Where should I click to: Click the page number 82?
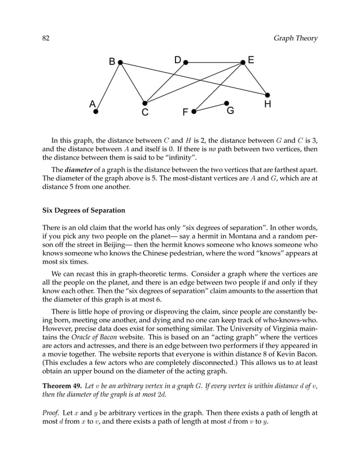47,38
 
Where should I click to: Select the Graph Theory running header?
295,38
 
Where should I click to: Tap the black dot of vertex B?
120,63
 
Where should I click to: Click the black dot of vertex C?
144,103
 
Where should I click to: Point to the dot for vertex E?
243,63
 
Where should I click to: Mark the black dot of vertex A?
95,112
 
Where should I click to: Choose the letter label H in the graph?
267,105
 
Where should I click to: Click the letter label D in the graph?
177,60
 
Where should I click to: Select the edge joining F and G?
210,107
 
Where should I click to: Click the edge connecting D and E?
214,63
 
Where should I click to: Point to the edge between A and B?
108,87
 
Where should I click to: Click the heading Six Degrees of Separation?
84,211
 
